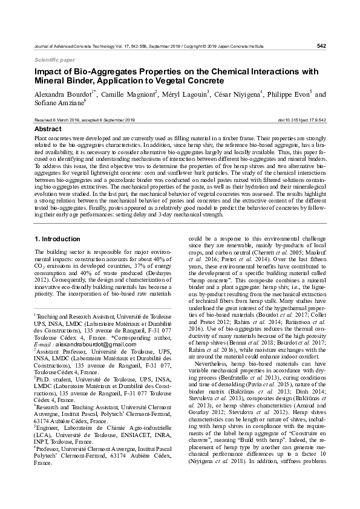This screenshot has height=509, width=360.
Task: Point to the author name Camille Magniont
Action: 127,94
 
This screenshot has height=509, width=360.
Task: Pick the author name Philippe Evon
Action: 287,94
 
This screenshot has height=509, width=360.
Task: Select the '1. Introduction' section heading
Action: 57,239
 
